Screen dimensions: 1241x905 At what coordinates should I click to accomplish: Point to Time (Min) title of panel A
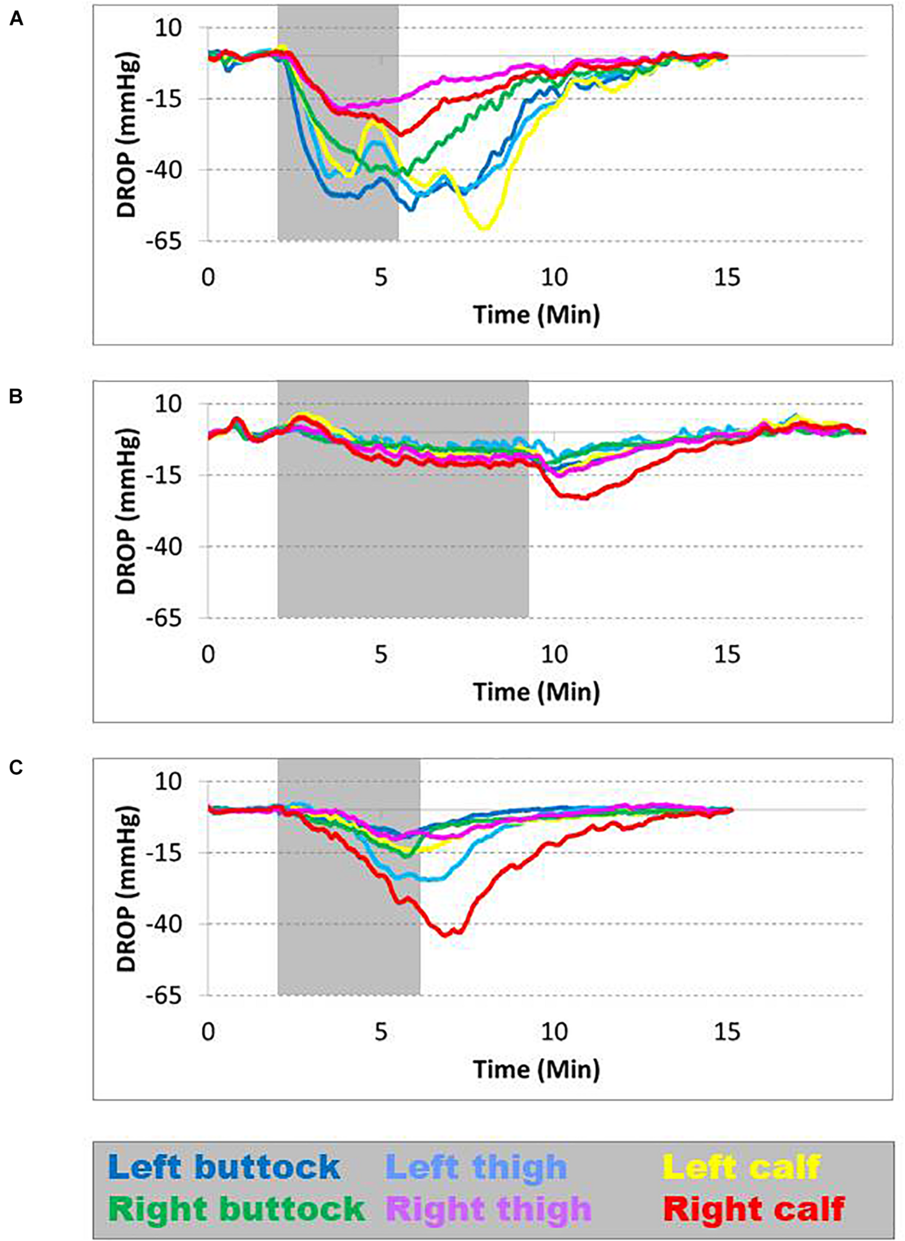pos(536,315)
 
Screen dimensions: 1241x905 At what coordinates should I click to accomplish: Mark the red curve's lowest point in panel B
pos(585,498)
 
